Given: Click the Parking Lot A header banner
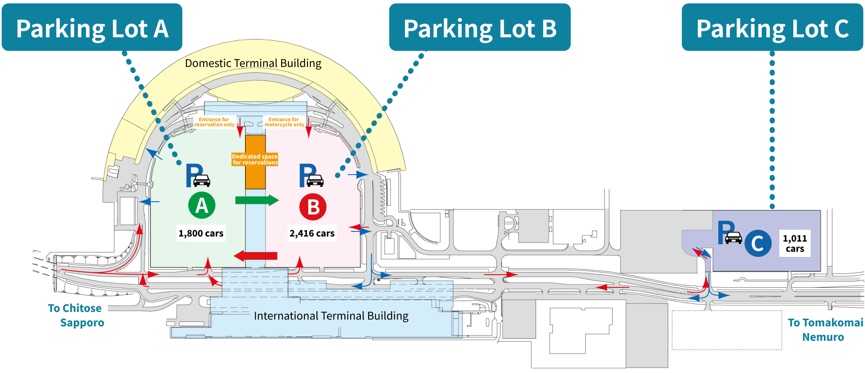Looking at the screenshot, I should click(x=92, y=28).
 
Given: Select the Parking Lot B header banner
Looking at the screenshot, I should click(x=480, y=28).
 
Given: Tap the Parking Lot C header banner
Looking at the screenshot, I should click(x=772, y=28).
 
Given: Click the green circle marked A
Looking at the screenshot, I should click(x=202, y=206).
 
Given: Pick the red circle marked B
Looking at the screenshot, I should click(x=313, y=207).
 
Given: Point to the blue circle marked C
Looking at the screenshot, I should click(x=758, y=243).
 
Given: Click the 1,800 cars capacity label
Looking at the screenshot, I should click(x=201, y=233).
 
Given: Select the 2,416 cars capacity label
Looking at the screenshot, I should click(x=312, y=233).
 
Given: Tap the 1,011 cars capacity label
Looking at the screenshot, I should click(x=795, y=243).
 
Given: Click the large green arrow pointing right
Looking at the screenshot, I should click(x=257, y=200).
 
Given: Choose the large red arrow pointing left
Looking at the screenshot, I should click(x=256, y=256).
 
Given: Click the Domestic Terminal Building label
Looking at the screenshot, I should click(x=253, y=63).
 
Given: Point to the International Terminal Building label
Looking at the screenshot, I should click(x=331, y=316).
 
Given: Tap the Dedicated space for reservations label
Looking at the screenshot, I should click(x=255, y=159).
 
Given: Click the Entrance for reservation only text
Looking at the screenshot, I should click(x=214, y=122).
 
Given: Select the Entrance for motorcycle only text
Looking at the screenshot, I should click(x=284, y=122).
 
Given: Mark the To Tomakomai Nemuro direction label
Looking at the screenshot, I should click(x=825, y=330).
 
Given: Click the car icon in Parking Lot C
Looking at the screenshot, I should click(x=734, y=238).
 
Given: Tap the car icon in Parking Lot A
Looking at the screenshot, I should click(x=202, y=181).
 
